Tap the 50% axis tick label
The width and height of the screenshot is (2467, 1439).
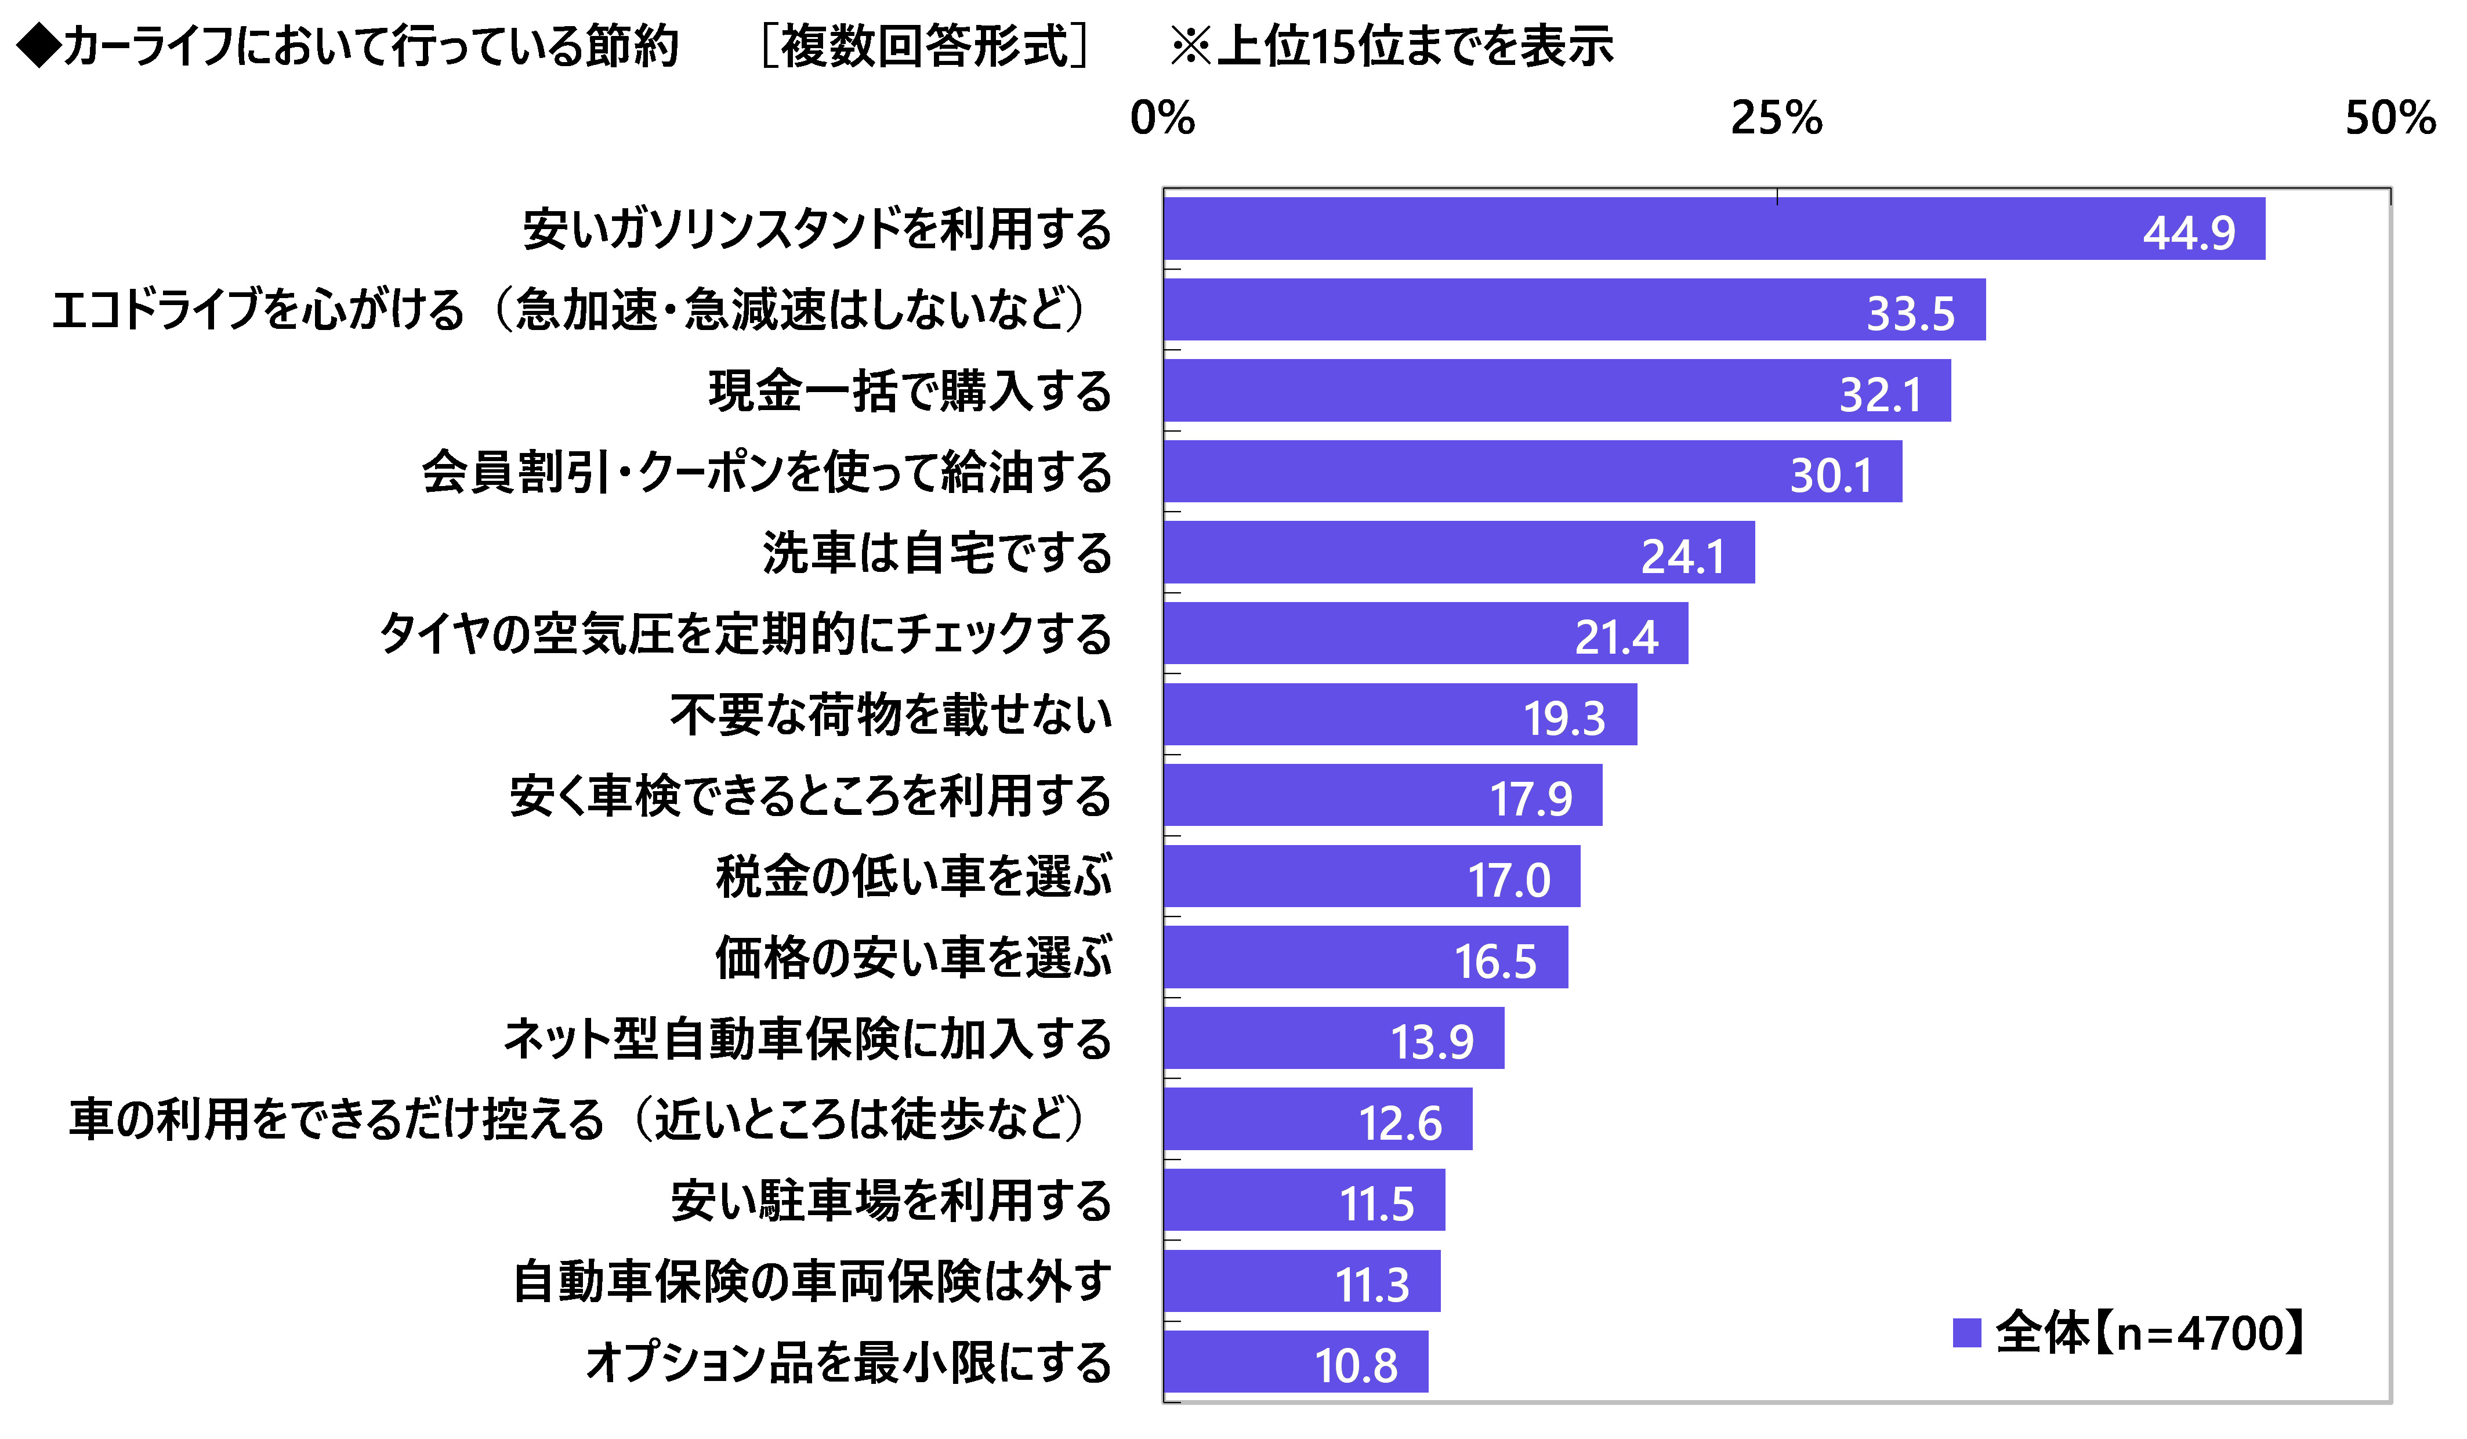[2390, 118]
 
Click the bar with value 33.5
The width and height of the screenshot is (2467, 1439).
[1574, 309]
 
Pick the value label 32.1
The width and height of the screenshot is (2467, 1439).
[1879, 394]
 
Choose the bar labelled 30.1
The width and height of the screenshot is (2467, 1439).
[1532, 471]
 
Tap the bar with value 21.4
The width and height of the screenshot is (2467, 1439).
[1425, 633]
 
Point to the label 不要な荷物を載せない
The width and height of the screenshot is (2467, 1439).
[891, 715]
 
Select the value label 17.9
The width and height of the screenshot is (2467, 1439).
[1531, 799]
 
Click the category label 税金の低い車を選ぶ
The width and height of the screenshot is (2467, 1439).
[914, 876]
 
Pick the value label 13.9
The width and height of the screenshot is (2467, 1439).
[1432, 1042]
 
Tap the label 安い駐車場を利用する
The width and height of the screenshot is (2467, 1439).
[891, 1200]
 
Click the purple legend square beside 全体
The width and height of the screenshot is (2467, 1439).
[1966, 1332]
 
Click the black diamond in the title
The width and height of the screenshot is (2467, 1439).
[39, 46]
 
